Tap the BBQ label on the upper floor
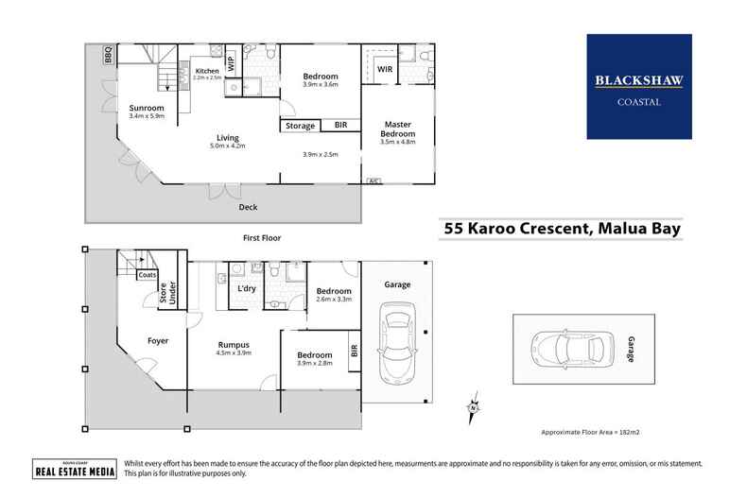pyautogui.click(x=108, y=55)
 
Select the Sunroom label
pyautogui.click(x=146, y=109)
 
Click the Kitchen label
pyautogui.click(x=208, y=71)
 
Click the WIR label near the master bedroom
pyautogui.click(x=385, y=69)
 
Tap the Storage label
pyautogui.click(x=301, y=125)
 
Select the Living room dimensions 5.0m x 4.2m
pyautogui.click(x=227, y=146)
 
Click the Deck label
pyautogui.click(x=248, y=207)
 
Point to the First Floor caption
pyautogui.click(x=263, y=238)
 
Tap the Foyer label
pyautogui.click(x=157, y=339)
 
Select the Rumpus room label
pyautogui.click(x=233, y=344)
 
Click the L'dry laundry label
pyautogui.click(x=247, y=287)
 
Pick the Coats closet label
pyautogui.click(x=147, y=276)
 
